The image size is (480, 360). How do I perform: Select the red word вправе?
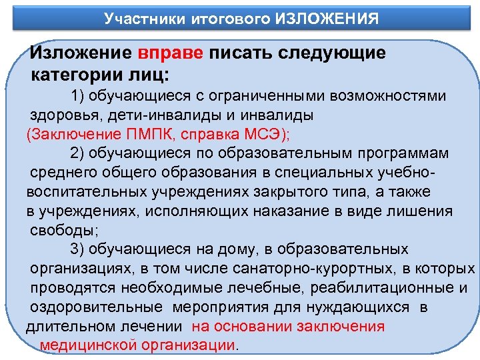tap(172, 53)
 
